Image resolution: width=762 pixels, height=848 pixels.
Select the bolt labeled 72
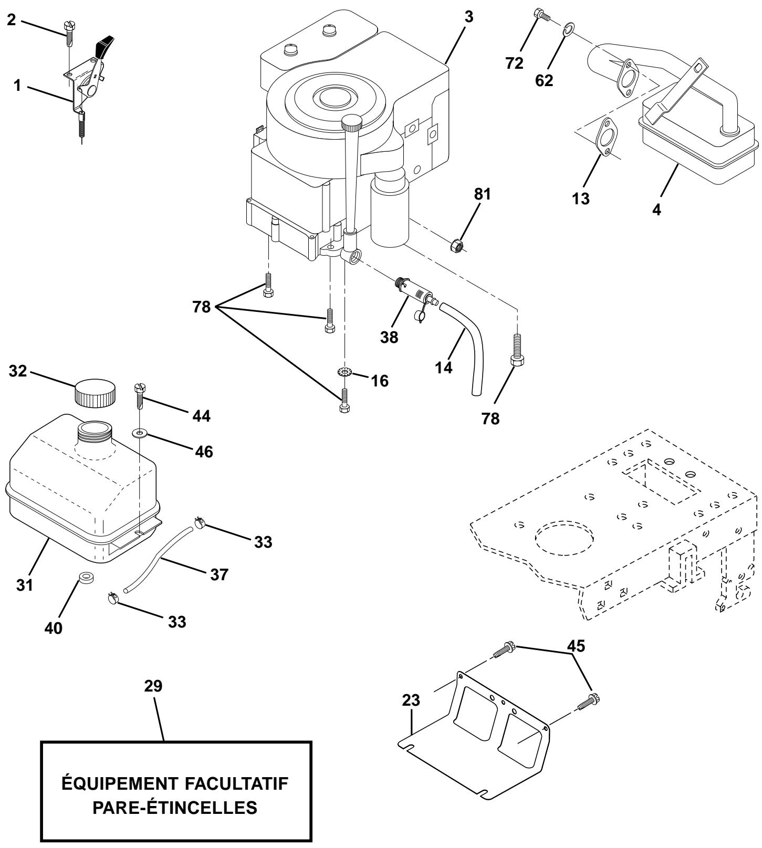541,15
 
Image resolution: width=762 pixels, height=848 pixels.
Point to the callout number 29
155,686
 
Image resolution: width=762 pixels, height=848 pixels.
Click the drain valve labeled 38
415,295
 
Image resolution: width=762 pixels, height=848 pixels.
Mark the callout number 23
411,701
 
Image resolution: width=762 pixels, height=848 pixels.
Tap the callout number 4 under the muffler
656,209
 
